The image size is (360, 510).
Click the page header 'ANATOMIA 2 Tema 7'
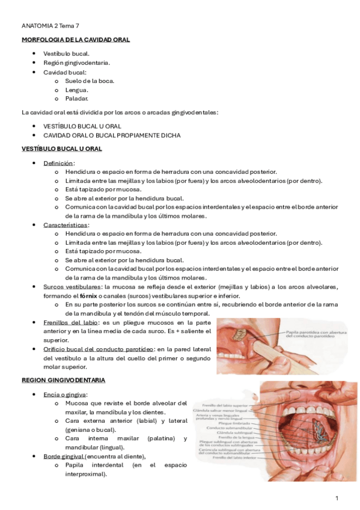(50, 26)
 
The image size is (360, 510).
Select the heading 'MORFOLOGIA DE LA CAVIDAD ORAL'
(76, 40)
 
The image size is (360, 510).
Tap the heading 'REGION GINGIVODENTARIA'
(63, 380)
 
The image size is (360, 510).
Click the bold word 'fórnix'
(88, 296)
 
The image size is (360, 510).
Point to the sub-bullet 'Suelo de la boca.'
(90, 81)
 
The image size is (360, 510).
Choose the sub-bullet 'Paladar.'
(78, 98)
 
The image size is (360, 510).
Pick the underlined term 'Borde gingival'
(63, 456)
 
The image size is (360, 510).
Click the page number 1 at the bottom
(337, 498)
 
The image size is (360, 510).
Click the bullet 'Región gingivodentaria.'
(76, 63)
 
